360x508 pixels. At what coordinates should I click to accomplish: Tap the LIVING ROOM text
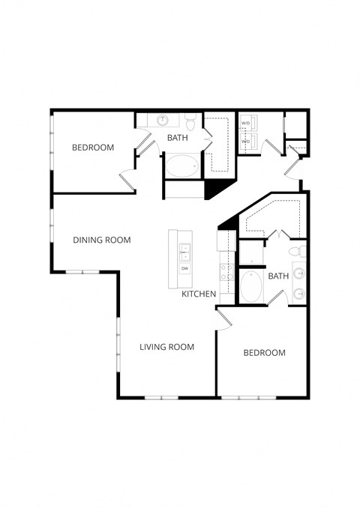(x=167, y=347)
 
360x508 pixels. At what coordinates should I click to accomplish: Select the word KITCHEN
(x=199, y=294)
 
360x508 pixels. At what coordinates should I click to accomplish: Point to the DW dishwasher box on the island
(x=184, y=267)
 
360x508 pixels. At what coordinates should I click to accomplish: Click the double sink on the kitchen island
(x=184, y=249)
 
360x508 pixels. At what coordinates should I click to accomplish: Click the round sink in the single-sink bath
(x=162, y=120)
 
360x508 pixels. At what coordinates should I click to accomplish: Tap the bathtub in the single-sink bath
(x=182, y=166)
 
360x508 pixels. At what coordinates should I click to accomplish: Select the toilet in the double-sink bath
(x=298, y=250)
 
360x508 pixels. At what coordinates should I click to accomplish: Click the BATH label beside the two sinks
(x=278, y=276)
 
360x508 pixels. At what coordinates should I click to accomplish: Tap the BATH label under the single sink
(x=178, y=138)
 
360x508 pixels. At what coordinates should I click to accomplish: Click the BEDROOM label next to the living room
(x=264, y=353)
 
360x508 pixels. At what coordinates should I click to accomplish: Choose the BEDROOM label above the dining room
(x=93, y=148)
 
